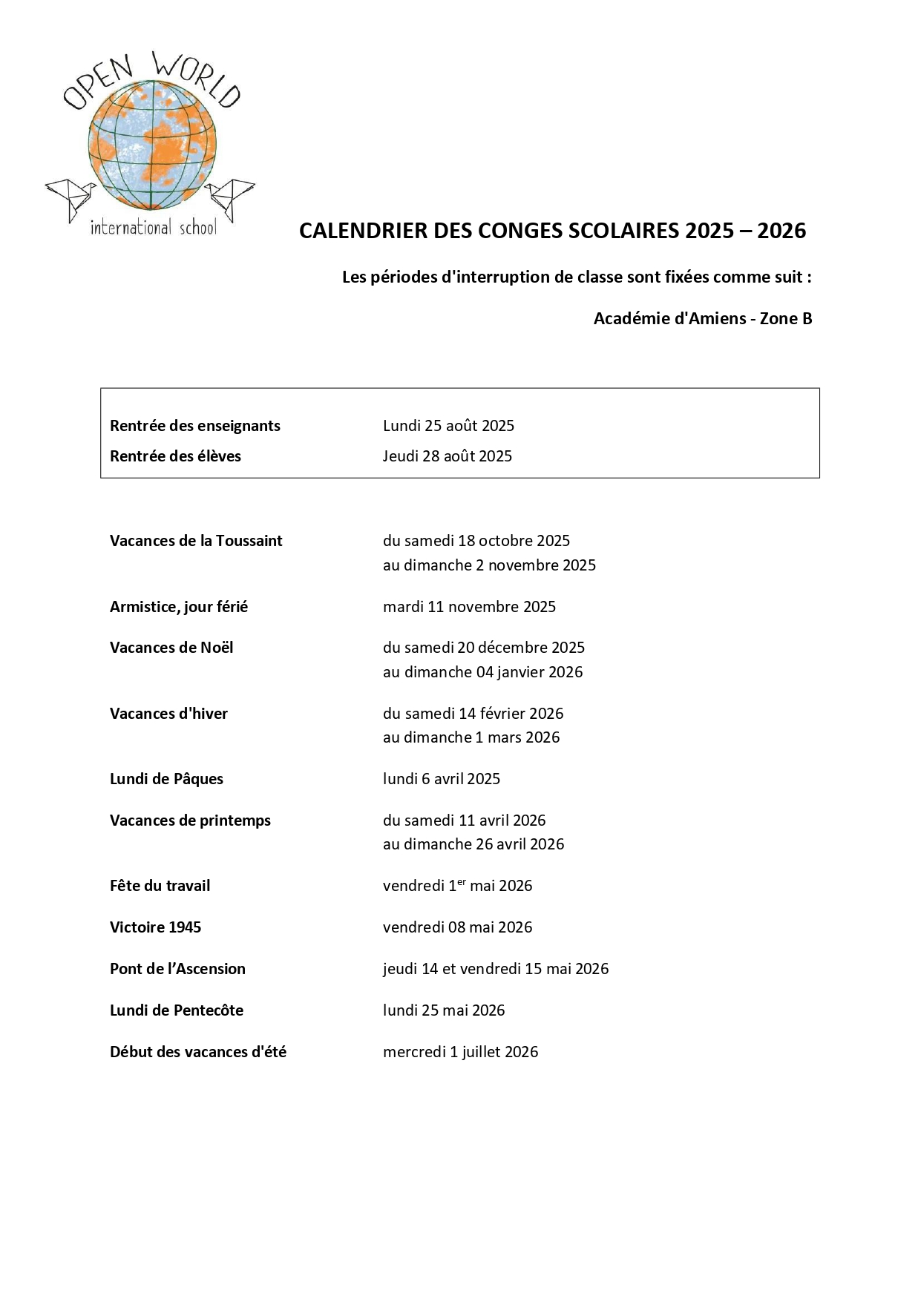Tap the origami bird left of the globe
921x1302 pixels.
(69, 197)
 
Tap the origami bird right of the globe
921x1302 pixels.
(232, 197)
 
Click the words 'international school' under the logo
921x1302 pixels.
(154, 228)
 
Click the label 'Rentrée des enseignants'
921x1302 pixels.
(195, 426)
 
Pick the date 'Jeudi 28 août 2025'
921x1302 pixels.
(448, 456)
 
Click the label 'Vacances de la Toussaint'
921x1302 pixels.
(196, 541)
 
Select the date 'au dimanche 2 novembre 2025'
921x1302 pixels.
(489, 565)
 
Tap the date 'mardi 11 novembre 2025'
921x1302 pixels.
(469, 607)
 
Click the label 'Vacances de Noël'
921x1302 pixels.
(171, 648)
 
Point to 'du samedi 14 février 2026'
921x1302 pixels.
(473, 714)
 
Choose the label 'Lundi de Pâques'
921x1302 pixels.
(166, 779)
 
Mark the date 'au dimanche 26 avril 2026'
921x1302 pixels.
(473, 844)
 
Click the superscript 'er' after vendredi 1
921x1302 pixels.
(462, 881)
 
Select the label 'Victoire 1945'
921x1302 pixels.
(155, 927)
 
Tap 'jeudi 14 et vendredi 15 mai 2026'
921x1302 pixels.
(496, 969)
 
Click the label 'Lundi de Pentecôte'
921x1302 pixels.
(177, 1010)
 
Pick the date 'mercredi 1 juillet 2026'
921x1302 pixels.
(460, 1052)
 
